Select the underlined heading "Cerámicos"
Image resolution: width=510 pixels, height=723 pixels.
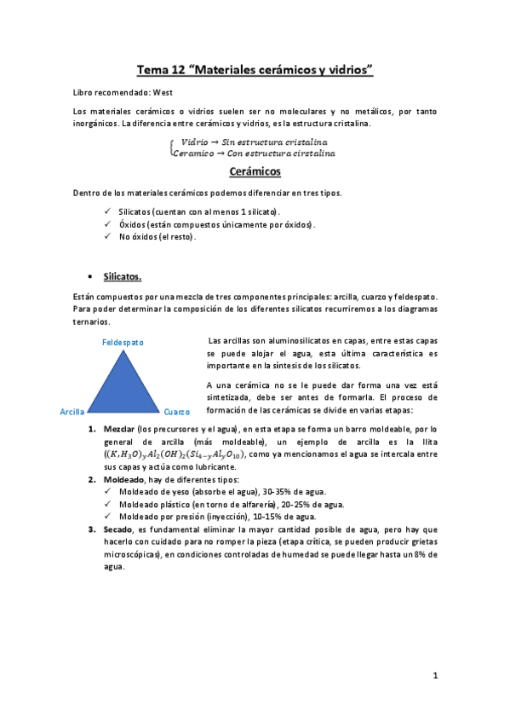(255, 171)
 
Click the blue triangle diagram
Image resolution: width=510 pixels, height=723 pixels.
(123, 379)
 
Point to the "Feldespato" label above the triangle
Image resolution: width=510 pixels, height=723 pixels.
(123, 342)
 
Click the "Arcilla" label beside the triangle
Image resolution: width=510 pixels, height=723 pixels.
(72, 412)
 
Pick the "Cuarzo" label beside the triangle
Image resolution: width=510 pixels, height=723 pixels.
(177, 412)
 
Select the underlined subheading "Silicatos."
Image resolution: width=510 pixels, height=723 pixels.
(123, 277)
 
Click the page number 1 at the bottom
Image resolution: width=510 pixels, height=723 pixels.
(434, 676)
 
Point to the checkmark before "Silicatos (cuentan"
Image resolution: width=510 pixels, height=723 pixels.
(106, 211)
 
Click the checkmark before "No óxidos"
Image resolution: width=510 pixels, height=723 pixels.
(106, 236)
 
